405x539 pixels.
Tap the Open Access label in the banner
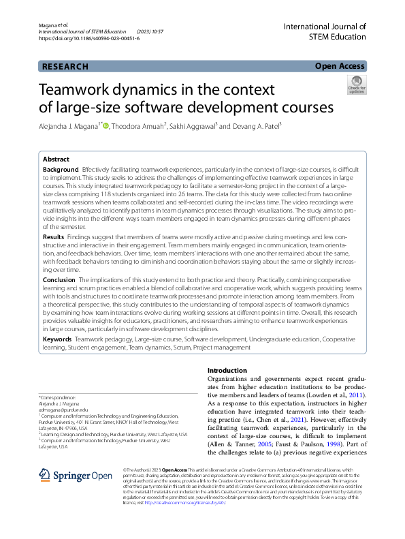coord(340,67)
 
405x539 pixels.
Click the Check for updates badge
coord(357,87)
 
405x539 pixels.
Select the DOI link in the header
coord(88,39)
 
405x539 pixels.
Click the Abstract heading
coord(56,157)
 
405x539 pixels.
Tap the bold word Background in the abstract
coord(61,168)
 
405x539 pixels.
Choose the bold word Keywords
coord(57,339)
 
